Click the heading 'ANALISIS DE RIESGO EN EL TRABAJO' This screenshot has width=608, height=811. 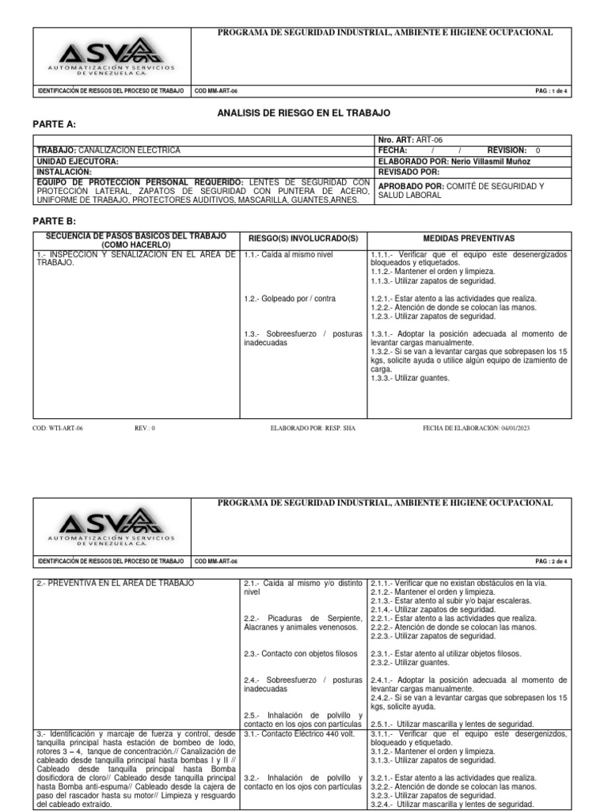tap(304, 113)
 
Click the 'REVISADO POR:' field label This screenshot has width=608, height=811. tap(409, 171)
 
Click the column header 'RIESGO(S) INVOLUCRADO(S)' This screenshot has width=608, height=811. tap(303, 238)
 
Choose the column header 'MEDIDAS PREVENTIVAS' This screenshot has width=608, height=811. tap(469, 238)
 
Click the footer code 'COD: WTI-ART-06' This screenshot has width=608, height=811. tap(58, 428)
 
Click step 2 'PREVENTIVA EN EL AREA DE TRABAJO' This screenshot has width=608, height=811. tap(115, 584)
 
